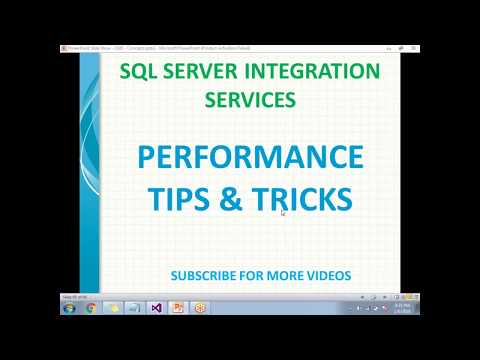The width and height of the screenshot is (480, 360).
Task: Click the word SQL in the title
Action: click(138, 73)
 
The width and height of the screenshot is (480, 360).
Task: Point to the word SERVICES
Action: click(250, 101)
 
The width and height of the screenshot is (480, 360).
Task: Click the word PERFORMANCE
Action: click(250, 158)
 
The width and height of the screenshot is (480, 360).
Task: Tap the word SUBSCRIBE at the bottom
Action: click(205, 274)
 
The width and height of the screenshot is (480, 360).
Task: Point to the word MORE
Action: click(283, 274)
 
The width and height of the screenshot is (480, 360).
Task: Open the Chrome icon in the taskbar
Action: click(90, 307)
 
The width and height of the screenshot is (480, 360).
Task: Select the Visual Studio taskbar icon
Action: click(157, 307)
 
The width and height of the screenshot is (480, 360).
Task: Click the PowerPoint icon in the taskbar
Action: click(179, 307)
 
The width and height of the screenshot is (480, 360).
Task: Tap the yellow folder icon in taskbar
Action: click(112, 307)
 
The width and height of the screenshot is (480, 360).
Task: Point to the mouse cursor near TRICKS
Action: click(283, 211)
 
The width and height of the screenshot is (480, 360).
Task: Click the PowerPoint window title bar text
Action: click(150, 47)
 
